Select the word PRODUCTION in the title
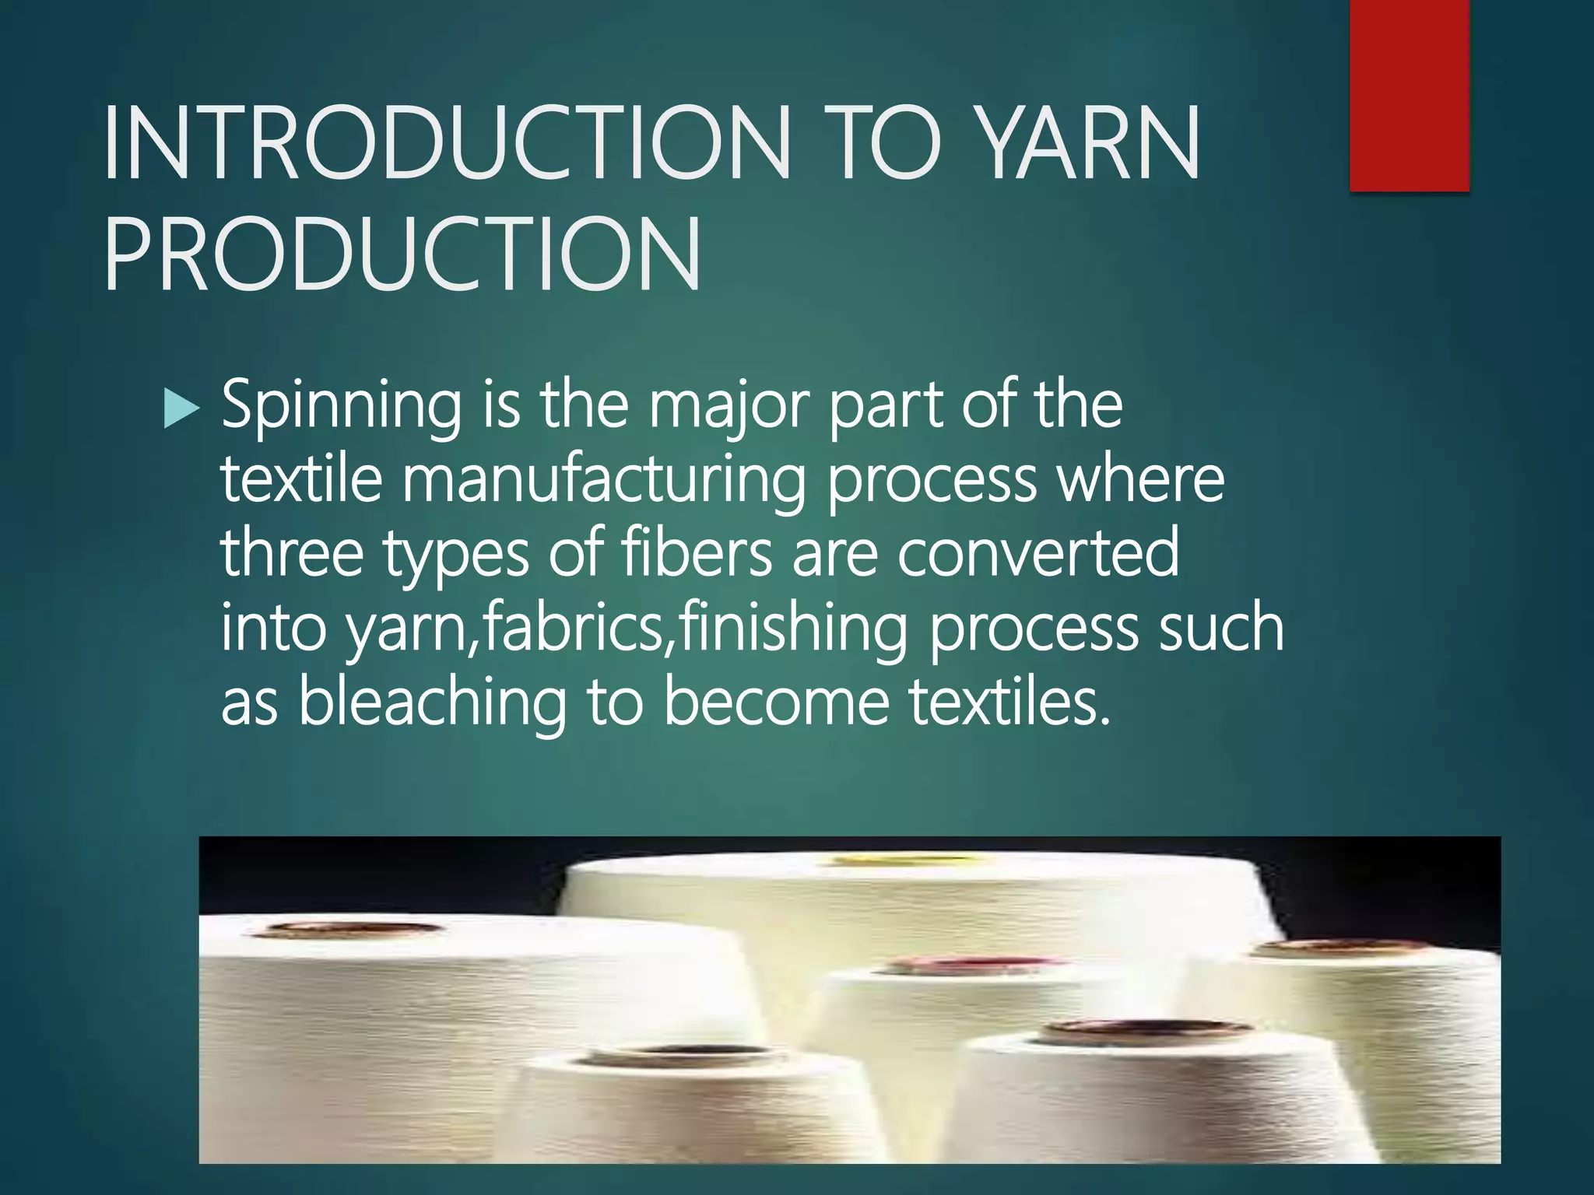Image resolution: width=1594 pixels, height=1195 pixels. coord(402,254)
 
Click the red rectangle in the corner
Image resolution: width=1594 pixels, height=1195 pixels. coord(1410,95)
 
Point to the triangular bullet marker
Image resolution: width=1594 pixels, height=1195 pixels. coord(182,408)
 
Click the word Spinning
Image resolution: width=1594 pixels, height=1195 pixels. coord(341,406)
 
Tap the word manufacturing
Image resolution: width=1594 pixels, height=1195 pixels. coord(603,480)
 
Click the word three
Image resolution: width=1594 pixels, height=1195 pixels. coord(293,553)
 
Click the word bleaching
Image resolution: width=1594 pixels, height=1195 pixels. coord(432,703)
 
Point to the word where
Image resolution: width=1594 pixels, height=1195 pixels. coord(1140,480)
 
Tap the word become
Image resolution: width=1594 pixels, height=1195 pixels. coord(776,703)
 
